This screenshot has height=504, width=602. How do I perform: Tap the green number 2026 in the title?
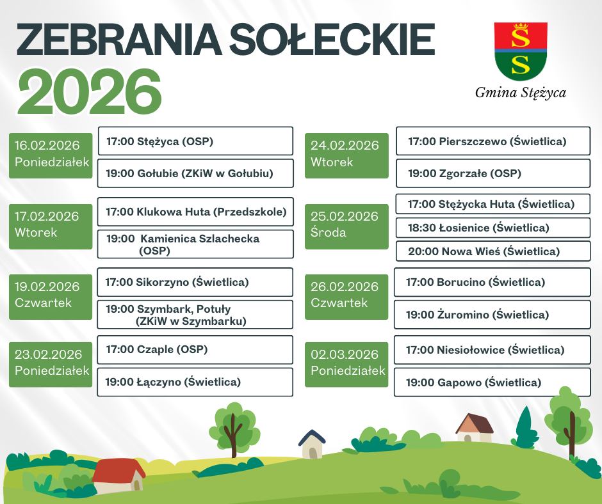point(89,93)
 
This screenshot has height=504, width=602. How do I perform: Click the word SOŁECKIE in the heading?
point(332,39)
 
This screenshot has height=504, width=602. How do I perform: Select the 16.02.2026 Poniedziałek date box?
point(51,155)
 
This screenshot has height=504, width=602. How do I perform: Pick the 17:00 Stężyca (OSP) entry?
point(195,141)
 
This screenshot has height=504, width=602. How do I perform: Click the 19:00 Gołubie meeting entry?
point(195,173)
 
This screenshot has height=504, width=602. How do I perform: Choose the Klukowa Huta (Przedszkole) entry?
point(195,212)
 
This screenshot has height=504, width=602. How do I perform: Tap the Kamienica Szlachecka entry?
point(195,244)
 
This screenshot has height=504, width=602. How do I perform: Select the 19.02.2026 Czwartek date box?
point(51,297)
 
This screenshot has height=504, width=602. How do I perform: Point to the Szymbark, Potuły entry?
point(195,315)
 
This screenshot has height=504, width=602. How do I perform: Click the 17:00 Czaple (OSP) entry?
point(195,349)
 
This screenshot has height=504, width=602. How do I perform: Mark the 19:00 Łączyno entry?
point(195,382)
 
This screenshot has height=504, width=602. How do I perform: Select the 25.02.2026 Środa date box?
point(346,226)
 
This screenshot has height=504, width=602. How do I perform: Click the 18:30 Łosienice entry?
point(493,228)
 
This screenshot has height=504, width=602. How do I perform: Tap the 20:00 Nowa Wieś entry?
point(493,251)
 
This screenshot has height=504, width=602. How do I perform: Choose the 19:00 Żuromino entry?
point(492,315)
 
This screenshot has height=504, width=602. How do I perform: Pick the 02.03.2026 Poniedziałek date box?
point(346,365)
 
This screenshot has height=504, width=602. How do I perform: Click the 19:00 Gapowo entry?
point(492,382)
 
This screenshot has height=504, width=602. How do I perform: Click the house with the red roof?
point(119,476)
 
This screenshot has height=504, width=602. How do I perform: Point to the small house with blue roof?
point(312,444)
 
